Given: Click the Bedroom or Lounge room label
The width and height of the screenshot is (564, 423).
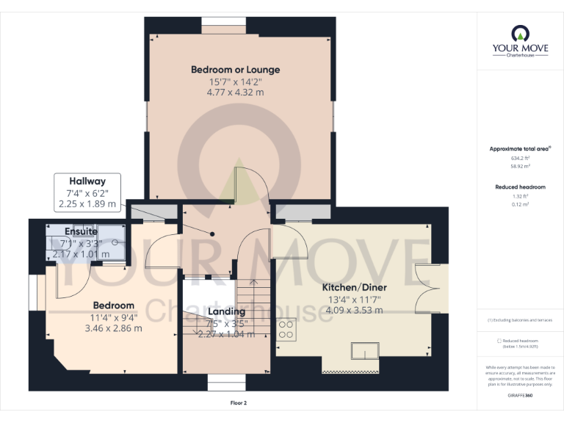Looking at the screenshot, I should coord(235,70).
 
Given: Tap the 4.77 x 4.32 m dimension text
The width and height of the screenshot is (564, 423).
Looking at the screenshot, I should coord(235,93).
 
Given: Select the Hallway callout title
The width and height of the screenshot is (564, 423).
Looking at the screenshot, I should coord(87,181).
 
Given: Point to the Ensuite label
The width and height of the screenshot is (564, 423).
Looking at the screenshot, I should coord(81,231).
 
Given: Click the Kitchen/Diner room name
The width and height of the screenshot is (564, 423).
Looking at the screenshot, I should coord(355,287).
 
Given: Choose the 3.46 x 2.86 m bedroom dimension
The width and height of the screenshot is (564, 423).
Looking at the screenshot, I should coord(113,328).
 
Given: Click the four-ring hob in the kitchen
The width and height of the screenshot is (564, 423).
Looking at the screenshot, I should coord(286,329).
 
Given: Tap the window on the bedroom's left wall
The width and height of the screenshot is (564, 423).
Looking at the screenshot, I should coord(35,292).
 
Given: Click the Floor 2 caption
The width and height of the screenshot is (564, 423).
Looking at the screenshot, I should coord(239,403).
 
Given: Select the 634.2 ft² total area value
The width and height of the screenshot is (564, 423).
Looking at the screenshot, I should coord(520,158).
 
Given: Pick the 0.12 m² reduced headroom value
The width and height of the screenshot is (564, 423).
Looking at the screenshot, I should coord(520,204).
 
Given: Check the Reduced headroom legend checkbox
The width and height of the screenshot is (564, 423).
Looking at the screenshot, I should coord(499,341).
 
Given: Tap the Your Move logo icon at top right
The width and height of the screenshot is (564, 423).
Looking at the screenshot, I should coord(520,32).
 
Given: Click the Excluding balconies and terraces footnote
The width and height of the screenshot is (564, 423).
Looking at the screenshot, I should coord(520,320).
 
